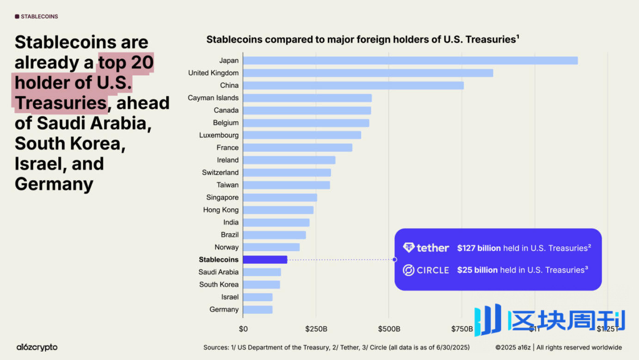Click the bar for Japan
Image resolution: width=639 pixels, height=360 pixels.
pos(410,61)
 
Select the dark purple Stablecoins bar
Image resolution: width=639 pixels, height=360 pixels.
pos(265,260)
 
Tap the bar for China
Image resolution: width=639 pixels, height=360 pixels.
pos(353,86)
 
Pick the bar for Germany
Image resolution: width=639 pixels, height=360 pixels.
pos(258,310)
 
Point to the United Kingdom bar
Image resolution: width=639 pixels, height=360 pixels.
pos(368,73)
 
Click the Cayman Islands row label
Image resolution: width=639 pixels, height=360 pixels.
pos(213,98)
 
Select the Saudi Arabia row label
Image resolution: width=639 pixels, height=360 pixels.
pos(219,272)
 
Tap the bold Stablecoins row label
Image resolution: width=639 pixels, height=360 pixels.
pos(219,260)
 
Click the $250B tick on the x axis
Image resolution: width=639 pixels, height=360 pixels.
pos(316,329)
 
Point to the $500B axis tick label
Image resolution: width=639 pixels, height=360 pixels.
pos(389,329)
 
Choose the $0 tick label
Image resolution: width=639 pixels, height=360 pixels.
pos(243,329)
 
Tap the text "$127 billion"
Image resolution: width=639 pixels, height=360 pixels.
pos(479,248)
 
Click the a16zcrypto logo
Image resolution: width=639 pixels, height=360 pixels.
pos(37,347)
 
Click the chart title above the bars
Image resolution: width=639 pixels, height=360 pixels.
pos(363,39)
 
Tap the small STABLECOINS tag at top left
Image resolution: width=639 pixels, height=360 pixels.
pos(37,17)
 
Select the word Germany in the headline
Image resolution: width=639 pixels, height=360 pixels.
pos(54,184)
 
